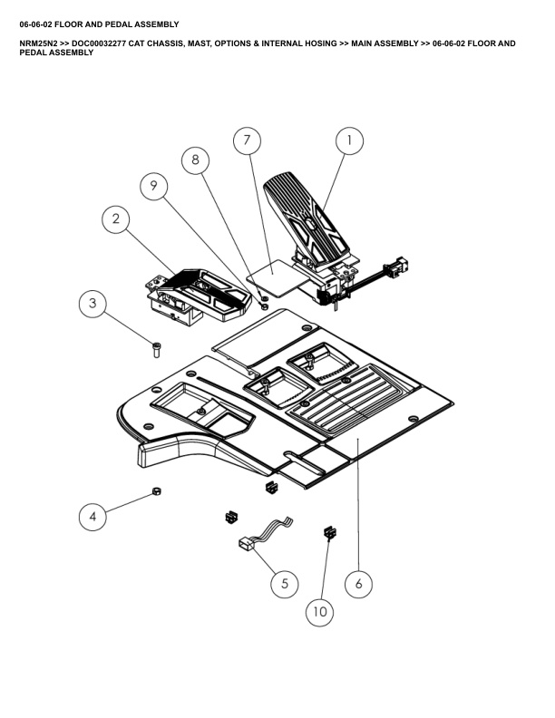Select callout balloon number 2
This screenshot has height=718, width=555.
click(116, 218)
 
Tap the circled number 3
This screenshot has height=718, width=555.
click(94, 304)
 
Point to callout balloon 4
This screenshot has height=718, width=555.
click(92, 518)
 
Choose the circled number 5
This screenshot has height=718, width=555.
click(284, 584)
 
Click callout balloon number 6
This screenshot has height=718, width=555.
click(358, 584)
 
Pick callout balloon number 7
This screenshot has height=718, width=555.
click(246, 141)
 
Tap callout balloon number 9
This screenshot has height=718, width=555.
click(153, 186)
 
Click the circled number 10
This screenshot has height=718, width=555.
click(319, 612)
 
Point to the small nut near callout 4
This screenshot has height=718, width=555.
click(155, 491)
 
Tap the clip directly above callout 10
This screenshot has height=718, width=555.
click(327, 532)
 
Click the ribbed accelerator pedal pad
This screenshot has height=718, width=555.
click(304, 213)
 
